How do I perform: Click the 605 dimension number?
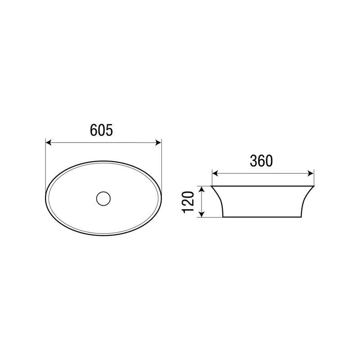point(101,130)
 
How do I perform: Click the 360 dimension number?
point(261,161)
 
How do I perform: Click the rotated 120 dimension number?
point(188,202)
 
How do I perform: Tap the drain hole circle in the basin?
point(103,198)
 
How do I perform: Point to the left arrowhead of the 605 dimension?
point(48,143)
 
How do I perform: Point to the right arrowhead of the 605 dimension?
point(158,143)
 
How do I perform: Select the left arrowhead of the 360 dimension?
point(215,173)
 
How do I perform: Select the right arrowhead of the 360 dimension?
point(311,173)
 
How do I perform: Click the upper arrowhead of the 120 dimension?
point(201,189)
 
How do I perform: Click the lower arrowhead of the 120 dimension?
point(201,214)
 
